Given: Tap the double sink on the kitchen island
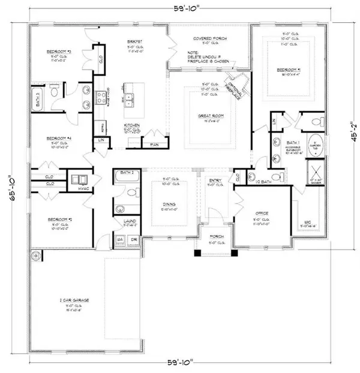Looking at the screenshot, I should [133, 96].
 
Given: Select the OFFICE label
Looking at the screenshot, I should [260, 213].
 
